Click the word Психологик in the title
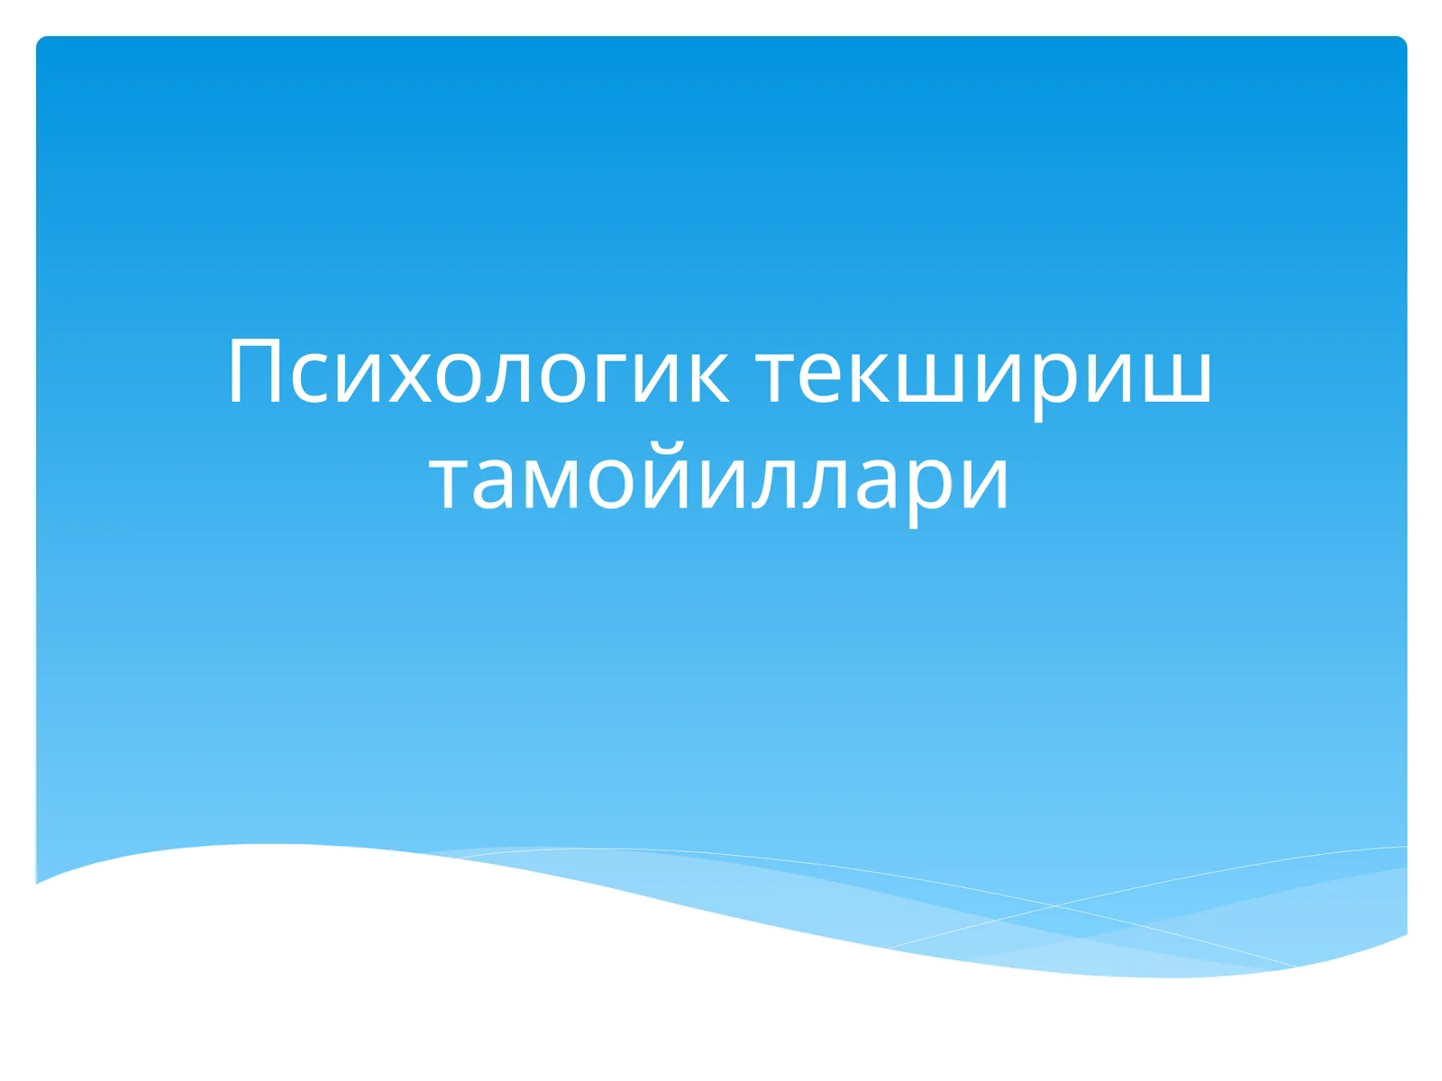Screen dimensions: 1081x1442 tap(478, 373)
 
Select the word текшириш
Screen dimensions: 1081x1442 tap(983, 373)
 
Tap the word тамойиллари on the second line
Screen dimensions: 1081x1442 tap(719, 479)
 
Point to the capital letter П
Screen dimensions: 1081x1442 tap(255, 371)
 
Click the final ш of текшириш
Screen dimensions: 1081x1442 tap(1175, 377)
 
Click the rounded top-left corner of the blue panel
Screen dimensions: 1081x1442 tap(41, 41)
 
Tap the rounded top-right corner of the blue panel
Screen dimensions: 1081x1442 tap(1401, 41)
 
